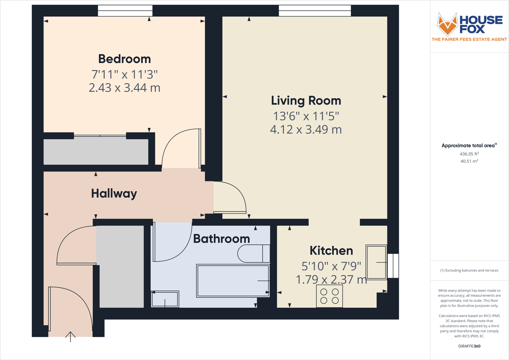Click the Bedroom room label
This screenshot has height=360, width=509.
pyautogui.click(x=124, y=59)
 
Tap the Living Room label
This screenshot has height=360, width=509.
pyautogui.click(x=306, y=101)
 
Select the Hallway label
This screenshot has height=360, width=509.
pyautogui.click(x=114, y=193)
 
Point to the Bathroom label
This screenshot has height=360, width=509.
pyautogui.click(x=222, y=239)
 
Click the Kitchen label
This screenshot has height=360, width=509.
pyautogui.click(x=331, y=251)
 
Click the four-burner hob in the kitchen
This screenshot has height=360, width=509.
pyautogui.click(x=329, y=296)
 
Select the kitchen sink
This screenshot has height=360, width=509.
pyautogui.click(x=376, y=262)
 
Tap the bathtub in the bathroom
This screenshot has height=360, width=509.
pyautogui.click(x=232, y=281)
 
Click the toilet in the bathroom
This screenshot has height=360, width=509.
pyautogui.click(x=253, y=254)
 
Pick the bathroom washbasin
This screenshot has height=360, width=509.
pyautogui.click(x=165, y=299)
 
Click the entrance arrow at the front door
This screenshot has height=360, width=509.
pyautogui.click(x=71, y=336)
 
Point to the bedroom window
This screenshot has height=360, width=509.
pyautogui.click(x=125, y=11)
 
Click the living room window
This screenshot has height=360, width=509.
pyautogui.click(x=315, y=11)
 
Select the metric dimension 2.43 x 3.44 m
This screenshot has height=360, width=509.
pyautogui.click(x=124, y=88)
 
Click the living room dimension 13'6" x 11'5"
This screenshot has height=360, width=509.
pyautogui.click(x=306, y=115)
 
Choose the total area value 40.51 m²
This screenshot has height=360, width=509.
pyautogui.click(x=469, y=161)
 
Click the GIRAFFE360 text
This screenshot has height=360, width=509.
pyautogui.click(x=469, y=346)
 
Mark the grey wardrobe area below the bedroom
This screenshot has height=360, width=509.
pyautogui.click(x=96, y=151)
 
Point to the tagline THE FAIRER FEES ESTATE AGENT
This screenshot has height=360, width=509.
pyautogui.click(x=469, y=39)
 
